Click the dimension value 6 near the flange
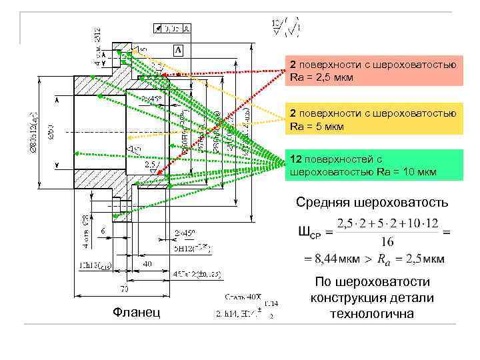[104, 229]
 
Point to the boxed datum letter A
[179, 50]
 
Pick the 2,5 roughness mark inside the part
[149, 163]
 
